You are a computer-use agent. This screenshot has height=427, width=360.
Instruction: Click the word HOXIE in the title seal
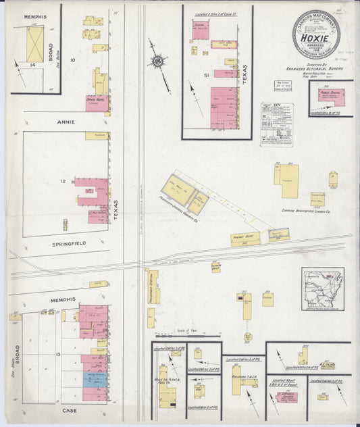tap(316, 39)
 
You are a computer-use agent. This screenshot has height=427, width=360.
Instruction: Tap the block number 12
tap(62, 181)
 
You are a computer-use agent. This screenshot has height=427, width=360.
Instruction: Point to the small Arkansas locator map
tap(323, 288)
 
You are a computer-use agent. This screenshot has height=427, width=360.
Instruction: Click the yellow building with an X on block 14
tap(34, 45)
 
